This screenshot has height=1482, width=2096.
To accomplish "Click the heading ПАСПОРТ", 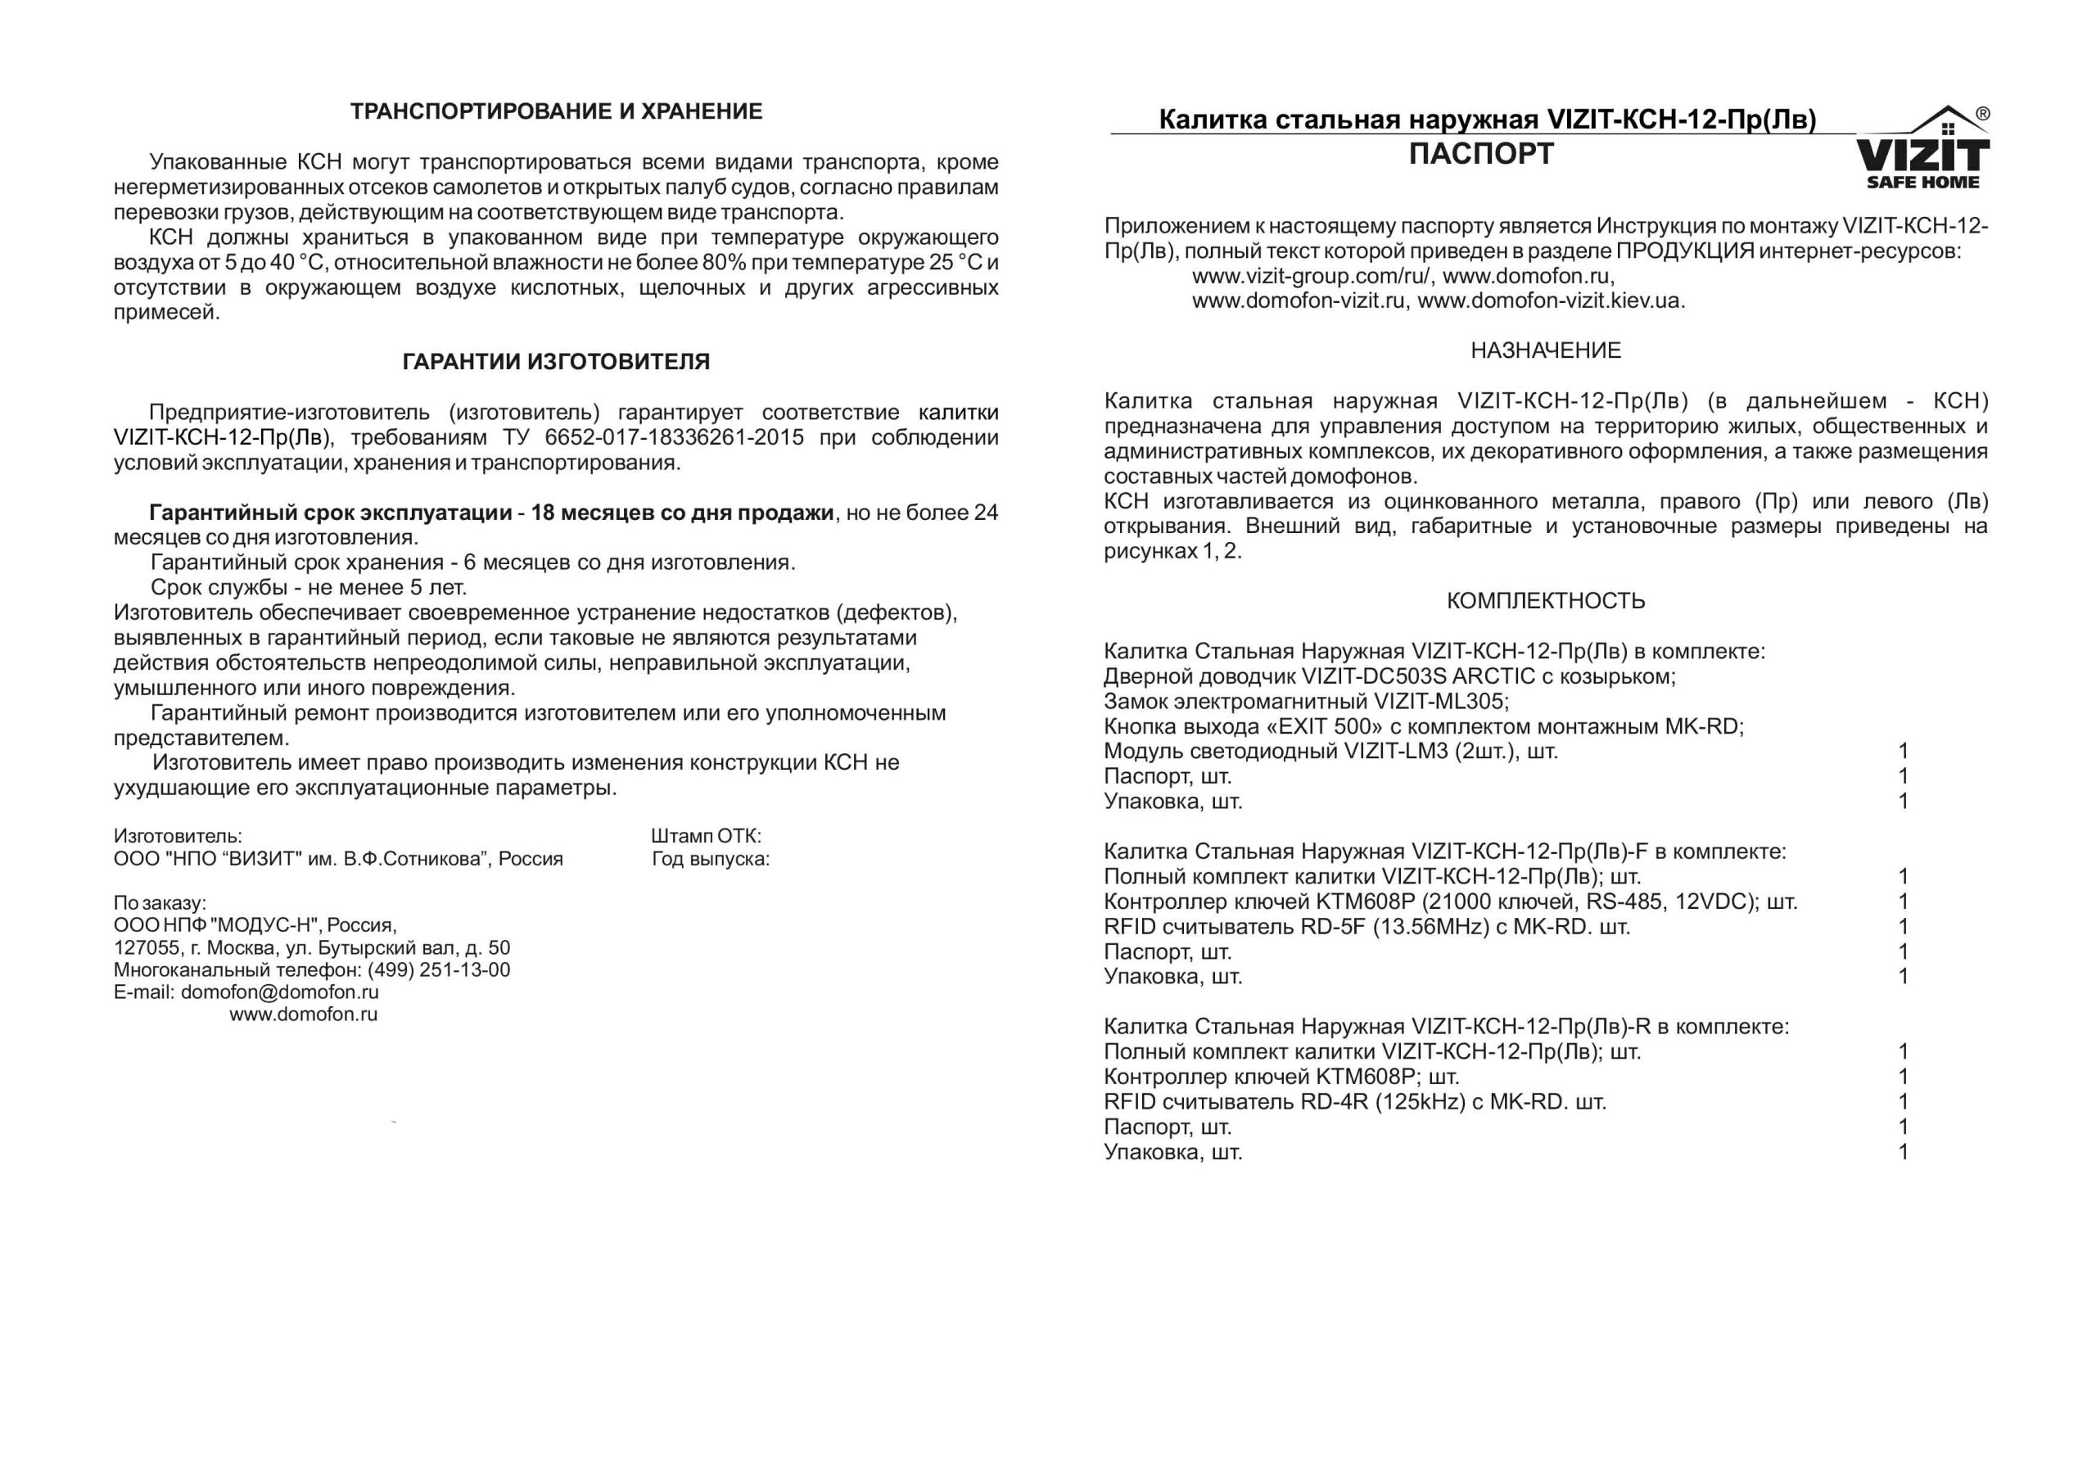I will click(x=1481, y=154).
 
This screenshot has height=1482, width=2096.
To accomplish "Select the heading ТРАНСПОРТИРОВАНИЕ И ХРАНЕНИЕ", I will click(x=556, y=112).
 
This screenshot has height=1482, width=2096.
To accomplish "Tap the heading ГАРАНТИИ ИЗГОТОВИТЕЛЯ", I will click(x=556, y=362).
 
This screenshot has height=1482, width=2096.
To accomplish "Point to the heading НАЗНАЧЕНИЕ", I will click(x=1546, y=350).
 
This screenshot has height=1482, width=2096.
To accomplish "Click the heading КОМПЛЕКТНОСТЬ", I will click(x=1546, y=601).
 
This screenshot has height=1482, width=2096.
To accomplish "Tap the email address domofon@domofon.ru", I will click(x=279, y=992).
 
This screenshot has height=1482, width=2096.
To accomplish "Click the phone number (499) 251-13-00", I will click(x=439, y=969).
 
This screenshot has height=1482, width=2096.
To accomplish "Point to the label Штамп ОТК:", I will click(x=706, y=835).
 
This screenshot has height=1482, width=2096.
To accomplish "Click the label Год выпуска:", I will click(x=710, y=858).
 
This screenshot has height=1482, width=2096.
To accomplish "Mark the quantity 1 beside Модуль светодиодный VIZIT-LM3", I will click(x=1904, y=752).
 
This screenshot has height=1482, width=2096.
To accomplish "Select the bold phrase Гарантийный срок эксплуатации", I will click(x=330, y=513).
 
